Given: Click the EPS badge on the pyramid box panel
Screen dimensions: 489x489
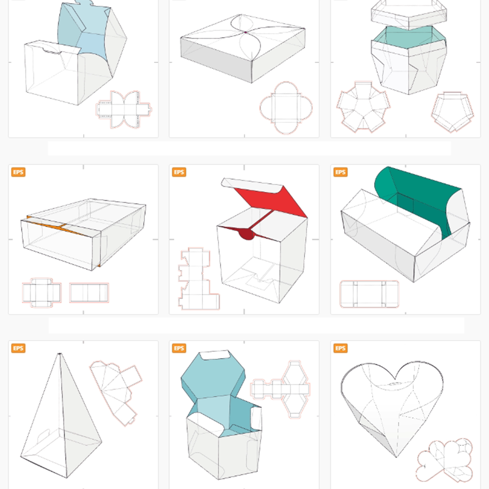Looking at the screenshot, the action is pos(18,348).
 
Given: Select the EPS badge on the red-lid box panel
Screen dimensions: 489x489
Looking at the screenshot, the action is pos(180,172).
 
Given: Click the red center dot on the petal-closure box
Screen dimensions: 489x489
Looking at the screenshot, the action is pos(244,32).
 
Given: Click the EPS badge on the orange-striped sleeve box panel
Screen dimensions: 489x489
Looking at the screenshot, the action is pos(18,172).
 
